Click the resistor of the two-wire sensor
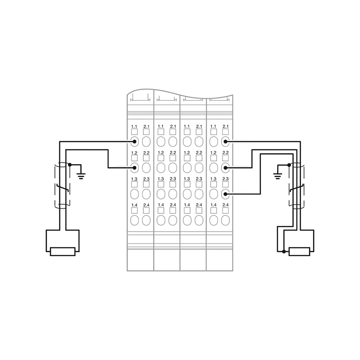point(63,252)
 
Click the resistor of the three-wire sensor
point(299,252)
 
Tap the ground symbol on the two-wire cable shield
point(81,176)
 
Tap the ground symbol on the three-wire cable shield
point(278,176)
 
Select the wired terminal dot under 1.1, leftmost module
point(134,142)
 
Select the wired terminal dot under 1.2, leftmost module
point(134,168)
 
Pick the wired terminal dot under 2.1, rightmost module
point(225,142)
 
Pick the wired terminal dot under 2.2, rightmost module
point(225,168)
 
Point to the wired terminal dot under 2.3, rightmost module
point(225,194)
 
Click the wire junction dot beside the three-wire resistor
point(284,252)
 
